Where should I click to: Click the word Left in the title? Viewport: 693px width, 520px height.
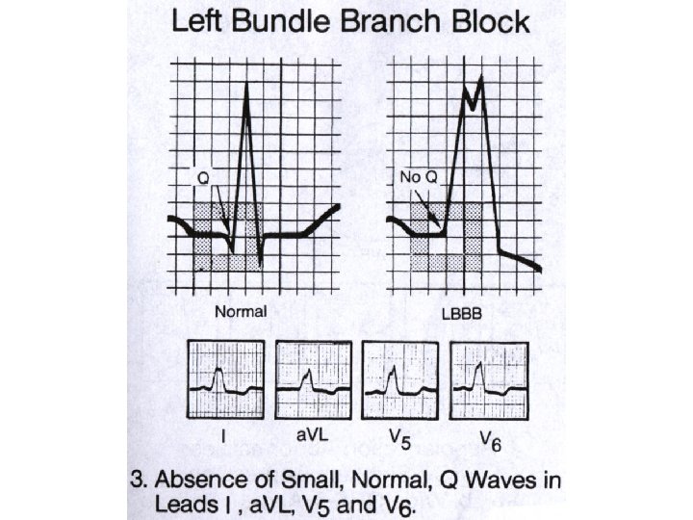[x=200, y=21]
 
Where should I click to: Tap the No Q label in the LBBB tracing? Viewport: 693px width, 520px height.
[x=416, y=177]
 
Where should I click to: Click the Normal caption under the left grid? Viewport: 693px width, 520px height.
[x=241, y=312]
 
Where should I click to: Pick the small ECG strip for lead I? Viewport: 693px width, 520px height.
[x=224, y=379]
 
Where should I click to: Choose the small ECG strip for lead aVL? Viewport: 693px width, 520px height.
[x=310, y=379]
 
